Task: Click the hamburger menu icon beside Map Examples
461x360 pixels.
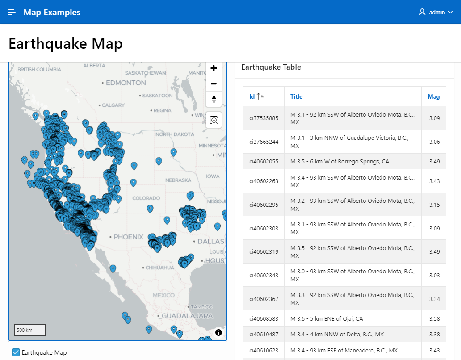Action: tap(12, 12)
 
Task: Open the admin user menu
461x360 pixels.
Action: tap(436, 12)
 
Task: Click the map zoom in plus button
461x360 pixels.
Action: tap(214, 68)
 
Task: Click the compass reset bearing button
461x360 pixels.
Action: tap(214, 99)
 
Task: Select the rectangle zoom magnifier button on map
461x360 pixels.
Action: tap(214, 120)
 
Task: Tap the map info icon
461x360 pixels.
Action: tap(218, 332)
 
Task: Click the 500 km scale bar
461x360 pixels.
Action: tap(29, 330)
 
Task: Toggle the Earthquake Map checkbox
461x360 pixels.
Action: tap(16, 352)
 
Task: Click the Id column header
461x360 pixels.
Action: tap(252, 96)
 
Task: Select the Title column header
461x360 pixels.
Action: tap(296, 96)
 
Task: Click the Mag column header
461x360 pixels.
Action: tap(433, 96)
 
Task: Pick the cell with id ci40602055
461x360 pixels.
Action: tap(264, 161)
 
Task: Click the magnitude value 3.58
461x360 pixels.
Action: tap(434, 318)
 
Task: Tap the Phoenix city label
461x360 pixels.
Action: tap(128, 237)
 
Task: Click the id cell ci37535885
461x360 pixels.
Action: tap(264, 118)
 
